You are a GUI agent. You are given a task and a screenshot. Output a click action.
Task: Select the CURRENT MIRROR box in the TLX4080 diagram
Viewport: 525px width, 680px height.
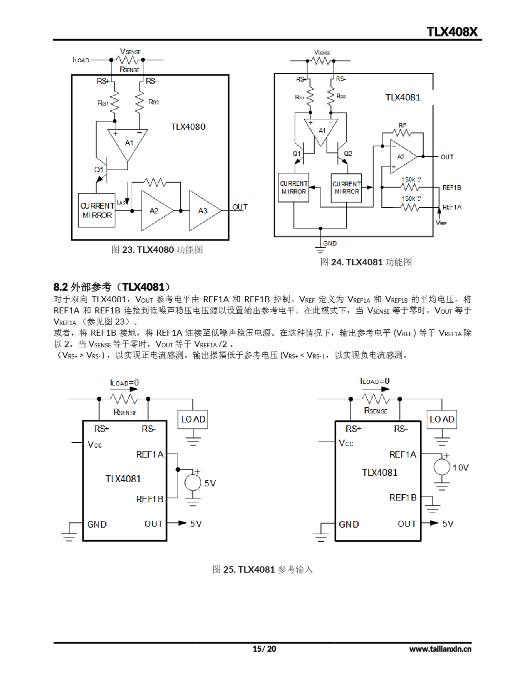tap(97, 210)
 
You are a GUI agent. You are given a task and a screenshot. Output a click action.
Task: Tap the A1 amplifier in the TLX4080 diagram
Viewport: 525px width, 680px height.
tap(128, 143)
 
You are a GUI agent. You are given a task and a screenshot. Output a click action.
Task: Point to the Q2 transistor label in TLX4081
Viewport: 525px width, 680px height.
tap(348, 154)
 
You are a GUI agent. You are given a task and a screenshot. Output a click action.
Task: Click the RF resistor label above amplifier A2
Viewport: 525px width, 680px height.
tap(402, 125)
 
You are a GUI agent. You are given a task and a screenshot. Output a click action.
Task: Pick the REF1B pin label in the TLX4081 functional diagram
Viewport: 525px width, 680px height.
tap(451, 188)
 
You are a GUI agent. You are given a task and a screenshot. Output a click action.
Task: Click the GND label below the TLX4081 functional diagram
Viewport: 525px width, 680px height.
tap(330, 243)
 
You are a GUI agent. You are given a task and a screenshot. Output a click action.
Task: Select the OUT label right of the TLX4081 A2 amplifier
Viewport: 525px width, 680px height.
tap(447, 157)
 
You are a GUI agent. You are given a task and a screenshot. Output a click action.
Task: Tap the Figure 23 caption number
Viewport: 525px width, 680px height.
tap(128, 250)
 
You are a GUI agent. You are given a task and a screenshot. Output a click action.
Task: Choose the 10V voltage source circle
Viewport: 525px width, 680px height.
tap(442, 467)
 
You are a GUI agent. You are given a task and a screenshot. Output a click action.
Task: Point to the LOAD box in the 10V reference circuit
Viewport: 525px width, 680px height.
tap(442, 419)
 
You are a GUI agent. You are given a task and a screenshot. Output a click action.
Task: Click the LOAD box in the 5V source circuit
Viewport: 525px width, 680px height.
tap(193, 419)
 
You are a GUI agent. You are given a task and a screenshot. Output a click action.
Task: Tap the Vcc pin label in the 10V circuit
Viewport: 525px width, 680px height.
tap(346, 443)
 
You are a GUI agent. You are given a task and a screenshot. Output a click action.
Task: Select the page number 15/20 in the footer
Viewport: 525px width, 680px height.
tap(264, 649)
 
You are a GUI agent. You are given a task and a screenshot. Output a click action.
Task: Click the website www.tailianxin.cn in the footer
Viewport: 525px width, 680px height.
tap(440, 649)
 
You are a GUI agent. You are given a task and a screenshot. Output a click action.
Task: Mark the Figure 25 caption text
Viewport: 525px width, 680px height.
tap(262, 569)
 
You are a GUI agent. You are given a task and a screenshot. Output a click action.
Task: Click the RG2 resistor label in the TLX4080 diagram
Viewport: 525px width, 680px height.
tap(154, 102)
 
